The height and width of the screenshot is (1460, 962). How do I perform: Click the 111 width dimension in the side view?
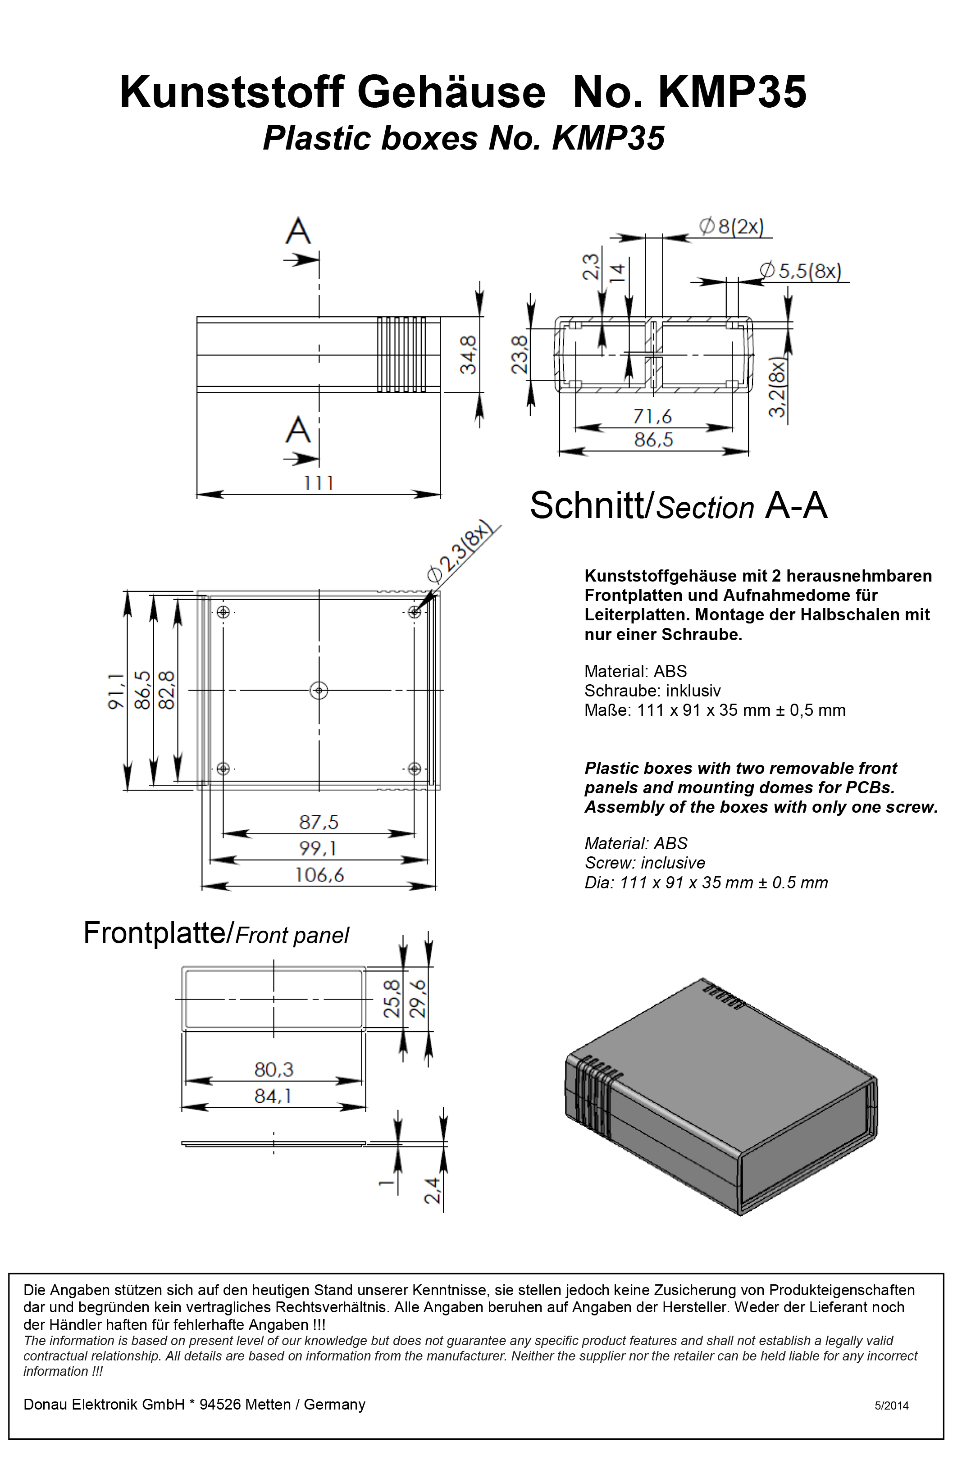(x=319, y=483)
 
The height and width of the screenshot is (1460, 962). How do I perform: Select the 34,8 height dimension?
(x=469, y=355)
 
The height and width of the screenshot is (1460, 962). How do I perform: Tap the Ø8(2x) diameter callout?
(x=732, y=227)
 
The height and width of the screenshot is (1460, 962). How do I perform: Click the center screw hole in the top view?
(x=319, y=691)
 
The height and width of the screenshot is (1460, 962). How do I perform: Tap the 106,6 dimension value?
(x=319, y=875)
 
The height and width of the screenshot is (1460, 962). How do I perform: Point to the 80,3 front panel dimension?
(x=274, y=1069)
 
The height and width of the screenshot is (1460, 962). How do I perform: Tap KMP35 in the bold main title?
(x=732, y=93)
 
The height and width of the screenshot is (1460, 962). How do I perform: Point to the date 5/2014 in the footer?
(x=891, y=1405)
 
